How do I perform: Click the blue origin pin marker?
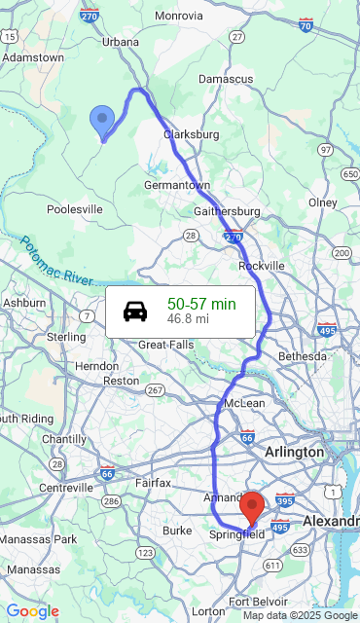point(102,121)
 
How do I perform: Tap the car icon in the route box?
point(135,311)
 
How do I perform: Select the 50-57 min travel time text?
point(201,304)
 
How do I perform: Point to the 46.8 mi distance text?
point(188,318)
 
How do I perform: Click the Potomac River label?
point(54,261)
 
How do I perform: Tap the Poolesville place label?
point(75,209)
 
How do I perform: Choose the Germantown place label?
point(177,185)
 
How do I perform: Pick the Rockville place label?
point(262,265)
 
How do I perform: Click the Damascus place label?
point(226,78)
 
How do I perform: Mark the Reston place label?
point(121,381)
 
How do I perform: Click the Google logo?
point(32,611)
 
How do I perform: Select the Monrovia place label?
point(179,16)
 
